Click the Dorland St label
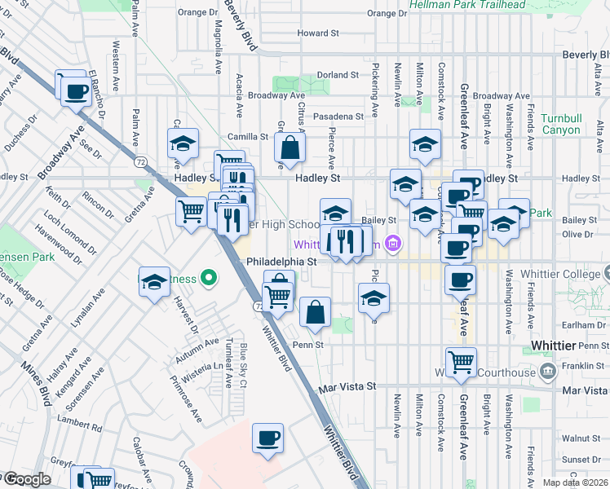pos(338,75)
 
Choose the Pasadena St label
pos(342,117)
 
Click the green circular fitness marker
pos(210,280)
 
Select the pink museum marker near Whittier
pos(393,243)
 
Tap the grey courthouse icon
pos(548,372)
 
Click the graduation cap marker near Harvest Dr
pos(153,282)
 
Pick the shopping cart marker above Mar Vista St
pos(462,361)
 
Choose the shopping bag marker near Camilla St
pos(290,148)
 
